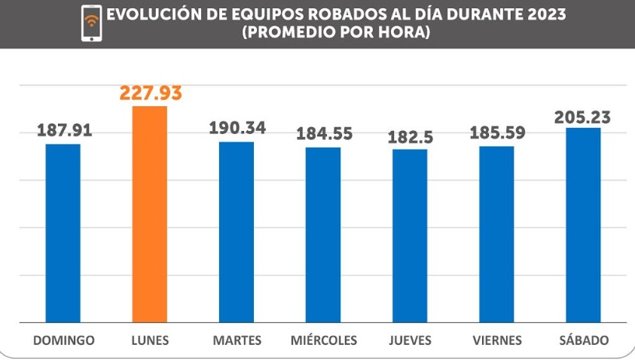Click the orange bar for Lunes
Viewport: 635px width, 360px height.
149,215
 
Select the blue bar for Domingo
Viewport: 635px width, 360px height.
63,233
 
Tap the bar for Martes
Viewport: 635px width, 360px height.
237,232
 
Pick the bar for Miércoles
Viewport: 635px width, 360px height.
323,235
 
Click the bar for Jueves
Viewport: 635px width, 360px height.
410,236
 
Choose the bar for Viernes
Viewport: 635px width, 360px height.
496,234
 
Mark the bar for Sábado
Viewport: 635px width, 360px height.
583,225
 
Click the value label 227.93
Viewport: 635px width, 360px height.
151,93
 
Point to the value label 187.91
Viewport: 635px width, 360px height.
65,131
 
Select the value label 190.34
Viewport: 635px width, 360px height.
237,128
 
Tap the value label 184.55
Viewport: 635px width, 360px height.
324,134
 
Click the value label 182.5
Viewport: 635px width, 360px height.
411,137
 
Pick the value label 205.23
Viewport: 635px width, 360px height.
582,117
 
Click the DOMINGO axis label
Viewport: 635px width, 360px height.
64,340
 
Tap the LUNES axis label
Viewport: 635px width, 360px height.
149,340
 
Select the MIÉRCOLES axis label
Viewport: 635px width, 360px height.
324,340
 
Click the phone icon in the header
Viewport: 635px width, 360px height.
92,23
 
